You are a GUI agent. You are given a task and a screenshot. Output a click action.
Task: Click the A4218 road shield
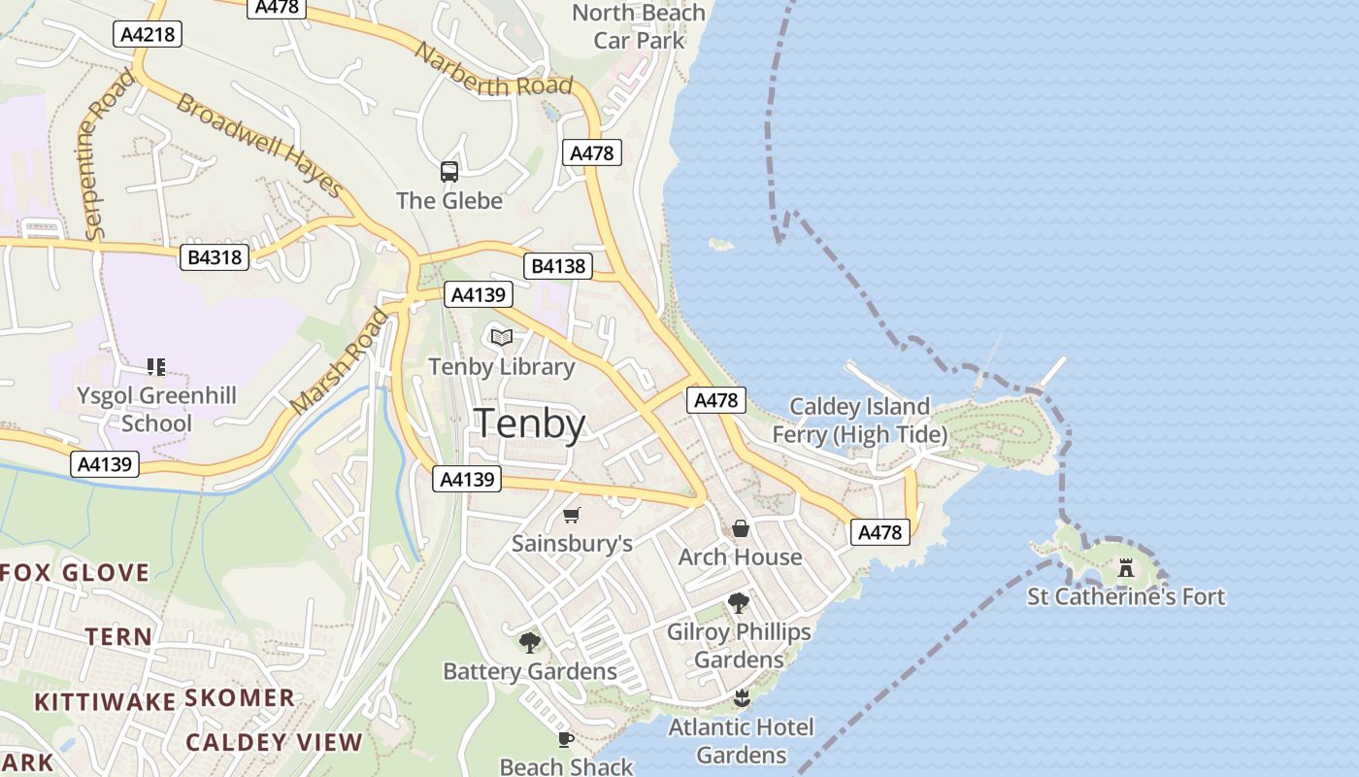click(x=148, y=35)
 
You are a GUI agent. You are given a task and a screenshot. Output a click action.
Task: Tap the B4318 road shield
click(x=215, y=257)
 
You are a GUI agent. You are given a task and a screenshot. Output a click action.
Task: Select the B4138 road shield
click(x=557, y=266)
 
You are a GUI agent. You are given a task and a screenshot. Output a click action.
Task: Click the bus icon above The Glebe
click(x=449, y=172)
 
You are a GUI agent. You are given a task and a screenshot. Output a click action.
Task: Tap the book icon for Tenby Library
click(x=501, y=337)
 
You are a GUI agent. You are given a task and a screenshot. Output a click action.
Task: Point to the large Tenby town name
click(x=530, y=424)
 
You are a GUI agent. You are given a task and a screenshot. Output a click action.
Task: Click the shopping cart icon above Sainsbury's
click(x=572, y=515)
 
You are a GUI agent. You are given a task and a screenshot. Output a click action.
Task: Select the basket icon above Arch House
click(x=741, y=528)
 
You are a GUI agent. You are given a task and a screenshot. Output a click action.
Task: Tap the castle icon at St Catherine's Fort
click(x=1126, y=568)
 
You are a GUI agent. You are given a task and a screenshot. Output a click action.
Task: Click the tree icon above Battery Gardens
click(x=530, y=642)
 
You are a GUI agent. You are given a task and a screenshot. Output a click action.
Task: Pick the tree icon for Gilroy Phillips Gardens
click(x=739, y=603)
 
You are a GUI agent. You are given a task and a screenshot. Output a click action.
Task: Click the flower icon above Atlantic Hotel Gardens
click(x=742, y=698)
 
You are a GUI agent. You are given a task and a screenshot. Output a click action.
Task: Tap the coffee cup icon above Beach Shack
click(x=566, y=739)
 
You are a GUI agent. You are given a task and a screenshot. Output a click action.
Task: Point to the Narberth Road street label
click(x=493, y=70)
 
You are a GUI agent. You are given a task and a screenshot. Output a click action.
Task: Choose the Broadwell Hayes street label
click(x=259, y=146)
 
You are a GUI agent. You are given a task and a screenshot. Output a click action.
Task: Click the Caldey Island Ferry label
click(x=858, y=420)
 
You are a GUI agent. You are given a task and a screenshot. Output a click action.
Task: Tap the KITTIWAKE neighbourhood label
click(x=105, y=701)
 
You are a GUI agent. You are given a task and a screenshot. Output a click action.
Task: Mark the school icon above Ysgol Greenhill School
click(x=156, y=366)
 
